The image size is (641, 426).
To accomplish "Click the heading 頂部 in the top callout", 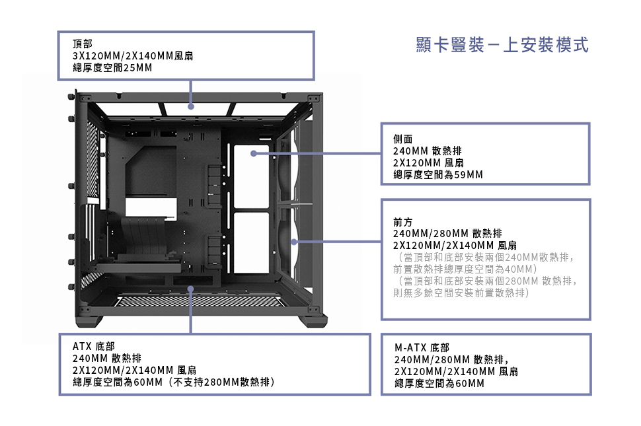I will (83, 44).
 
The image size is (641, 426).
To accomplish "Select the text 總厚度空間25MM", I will (112, 68).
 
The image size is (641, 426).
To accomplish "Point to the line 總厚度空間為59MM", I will (437, 175).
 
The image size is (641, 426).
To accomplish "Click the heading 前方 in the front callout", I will (402, 221).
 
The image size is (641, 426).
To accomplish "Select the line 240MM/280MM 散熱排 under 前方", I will (447, 233).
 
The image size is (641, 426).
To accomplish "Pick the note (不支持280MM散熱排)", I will (221, 382).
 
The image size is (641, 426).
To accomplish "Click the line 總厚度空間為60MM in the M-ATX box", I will (439, 383).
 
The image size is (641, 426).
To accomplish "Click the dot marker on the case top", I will (191, 106).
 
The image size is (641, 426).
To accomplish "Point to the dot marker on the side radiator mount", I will (254, 153).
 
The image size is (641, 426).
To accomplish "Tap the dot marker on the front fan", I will (295, 241).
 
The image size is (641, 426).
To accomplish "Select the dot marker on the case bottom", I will (191, 289).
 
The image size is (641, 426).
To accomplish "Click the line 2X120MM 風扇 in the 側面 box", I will (428, 163).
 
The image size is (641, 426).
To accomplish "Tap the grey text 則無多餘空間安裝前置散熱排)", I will (461, 293).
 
